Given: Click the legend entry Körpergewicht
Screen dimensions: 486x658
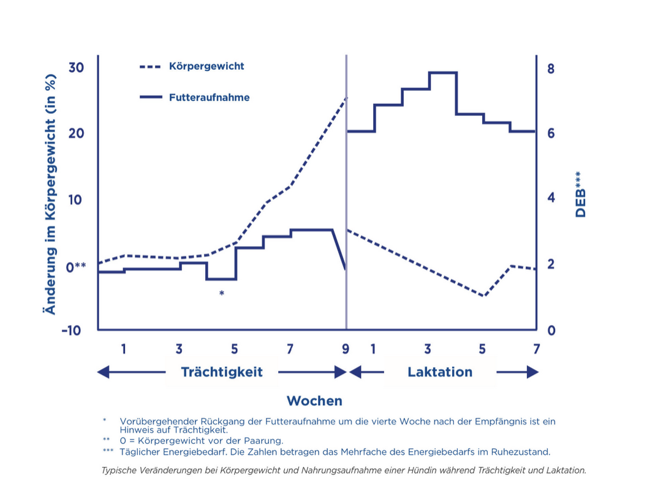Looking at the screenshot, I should (x=206, y=66).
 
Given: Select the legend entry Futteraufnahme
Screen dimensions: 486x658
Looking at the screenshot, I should (x=209, y=97).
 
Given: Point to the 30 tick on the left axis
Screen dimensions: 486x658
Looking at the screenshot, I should (x=75, y=67).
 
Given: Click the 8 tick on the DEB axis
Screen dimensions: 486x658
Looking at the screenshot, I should (x=550, y=68).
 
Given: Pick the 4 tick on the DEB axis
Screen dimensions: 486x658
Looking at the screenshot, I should (x=550, y=198).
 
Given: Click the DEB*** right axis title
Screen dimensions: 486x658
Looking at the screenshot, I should (x=580, y=195).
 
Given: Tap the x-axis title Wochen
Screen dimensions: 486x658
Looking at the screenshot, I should (x=314, y=401).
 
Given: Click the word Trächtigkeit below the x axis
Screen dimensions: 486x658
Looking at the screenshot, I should (x=222, y=372).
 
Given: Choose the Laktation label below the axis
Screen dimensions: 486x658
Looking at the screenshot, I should (x=440, y=372).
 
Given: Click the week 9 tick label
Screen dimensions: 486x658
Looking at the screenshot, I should (x=346, y=350).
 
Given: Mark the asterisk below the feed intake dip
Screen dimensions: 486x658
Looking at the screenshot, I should (x=222, y=294).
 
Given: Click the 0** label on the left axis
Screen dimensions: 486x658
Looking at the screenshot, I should (x=76, y=266).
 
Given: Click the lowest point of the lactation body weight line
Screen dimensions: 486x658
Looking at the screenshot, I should (x=483, y=296).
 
